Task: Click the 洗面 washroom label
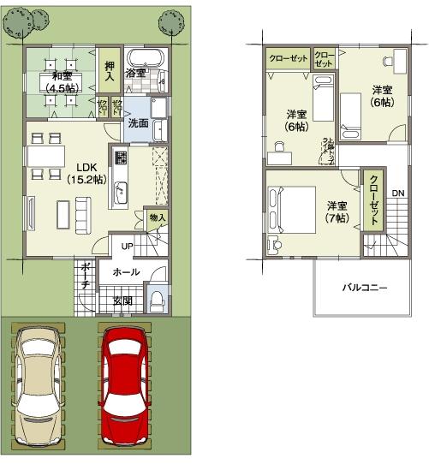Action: point(138,122)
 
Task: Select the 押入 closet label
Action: point(110,70)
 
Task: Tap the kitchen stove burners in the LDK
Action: point(121,159)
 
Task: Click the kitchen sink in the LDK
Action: point(120,191)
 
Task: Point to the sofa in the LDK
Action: point(83,210)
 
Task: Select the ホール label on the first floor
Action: point(127,271)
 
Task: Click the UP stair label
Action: point(127,246)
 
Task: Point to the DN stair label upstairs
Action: point(398,193)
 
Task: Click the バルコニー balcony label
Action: point(366,288)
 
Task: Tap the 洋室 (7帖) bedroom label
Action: point(337,211)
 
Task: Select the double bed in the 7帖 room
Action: point(289,205)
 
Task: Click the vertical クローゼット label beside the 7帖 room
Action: point(374,199)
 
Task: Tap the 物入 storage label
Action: point(157,219)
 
